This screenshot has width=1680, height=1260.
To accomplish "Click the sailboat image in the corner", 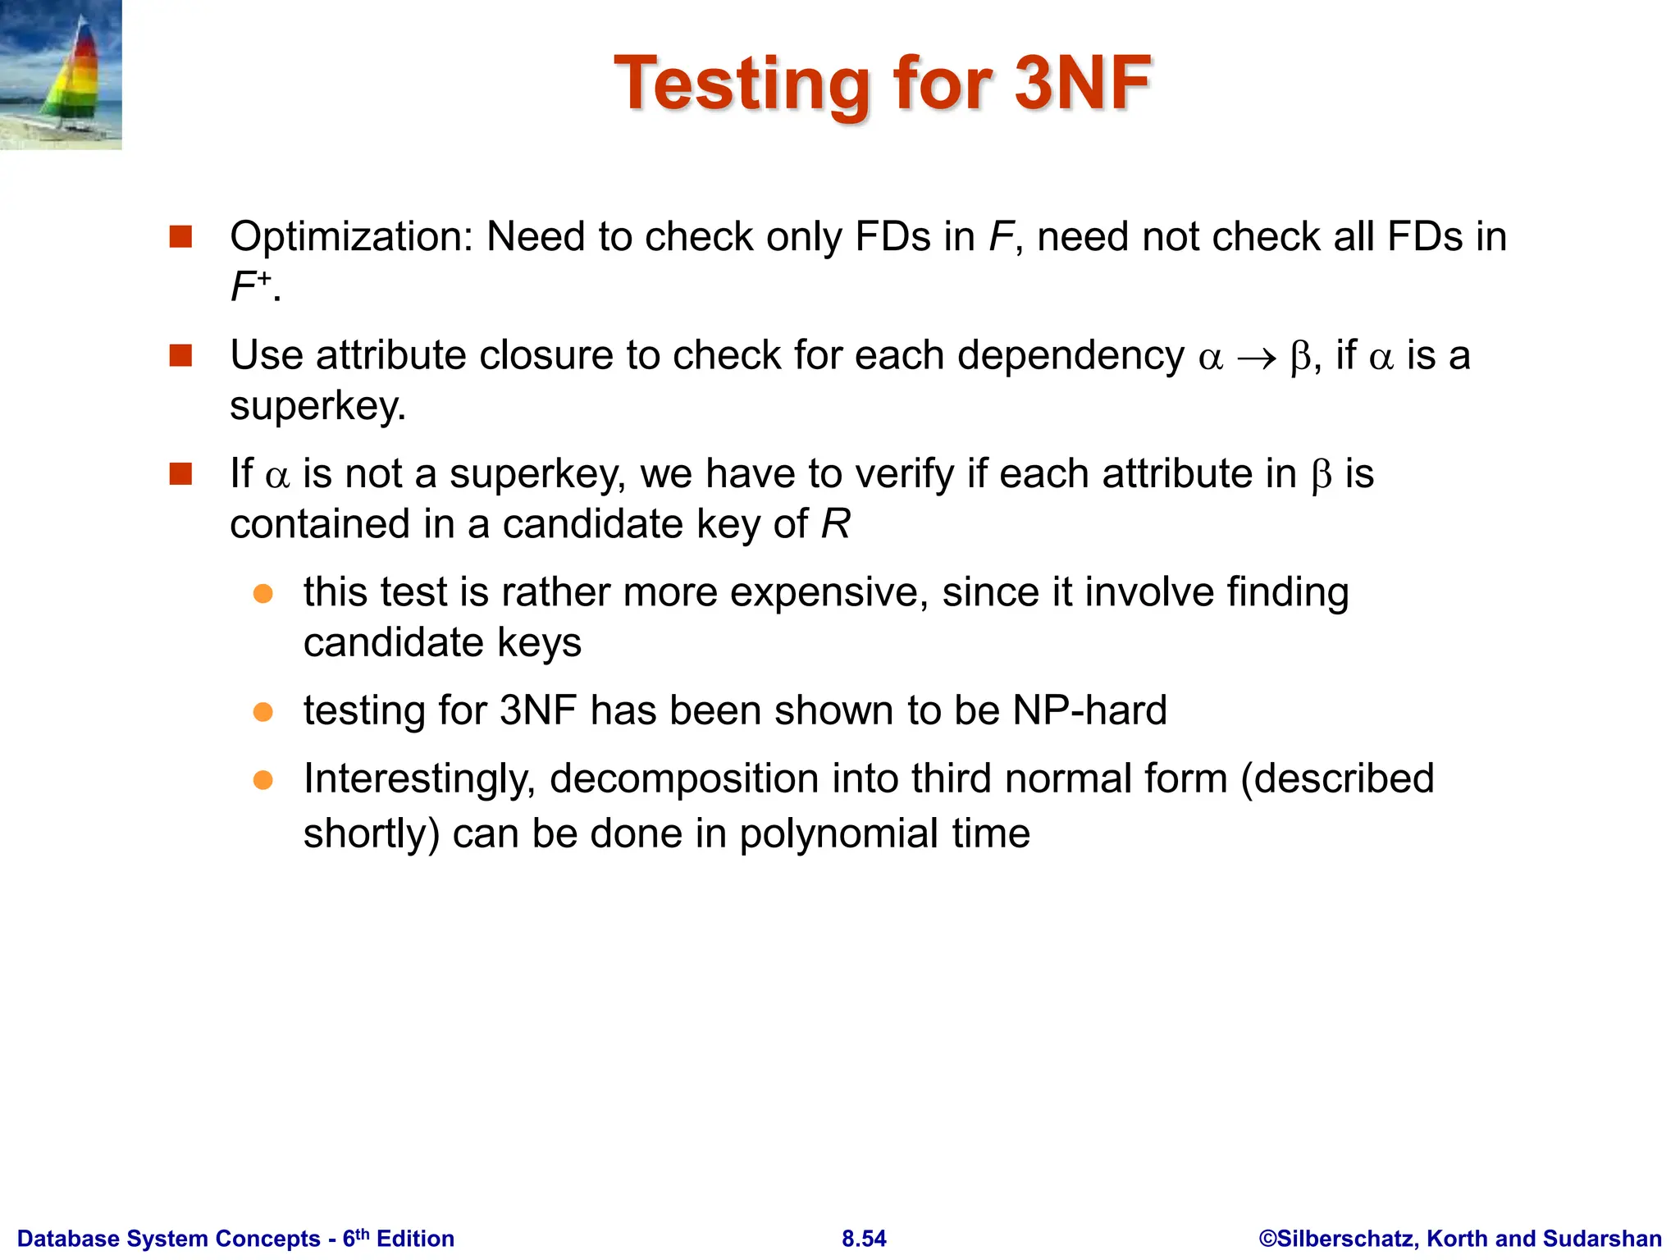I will [x=61, y=75].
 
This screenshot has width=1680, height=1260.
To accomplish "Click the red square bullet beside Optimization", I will [x=180, y=237].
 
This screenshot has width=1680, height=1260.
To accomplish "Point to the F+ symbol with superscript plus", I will [x=251, y=286].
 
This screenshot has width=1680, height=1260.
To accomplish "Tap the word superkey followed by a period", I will [x=317, y=406].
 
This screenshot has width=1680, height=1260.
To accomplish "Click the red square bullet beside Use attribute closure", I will [x=180, y=356].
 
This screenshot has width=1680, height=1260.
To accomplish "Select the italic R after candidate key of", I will [x=836, y=524].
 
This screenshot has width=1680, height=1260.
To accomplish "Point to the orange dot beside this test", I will [x=263, y=593].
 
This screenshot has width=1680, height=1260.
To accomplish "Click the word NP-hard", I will [x=1089, y=710].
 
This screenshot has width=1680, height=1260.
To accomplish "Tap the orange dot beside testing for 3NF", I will [x=263, y=711].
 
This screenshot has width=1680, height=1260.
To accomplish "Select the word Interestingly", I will [x=419, y=779].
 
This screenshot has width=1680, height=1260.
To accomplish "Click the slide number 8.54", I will [x=864, y=1239].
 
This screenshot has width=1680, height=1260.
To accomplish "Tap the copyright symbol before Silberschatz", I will [x=1267, y=1239].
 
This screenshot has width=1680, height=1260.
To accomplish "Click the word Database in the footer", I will [x=68, y=1239].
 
